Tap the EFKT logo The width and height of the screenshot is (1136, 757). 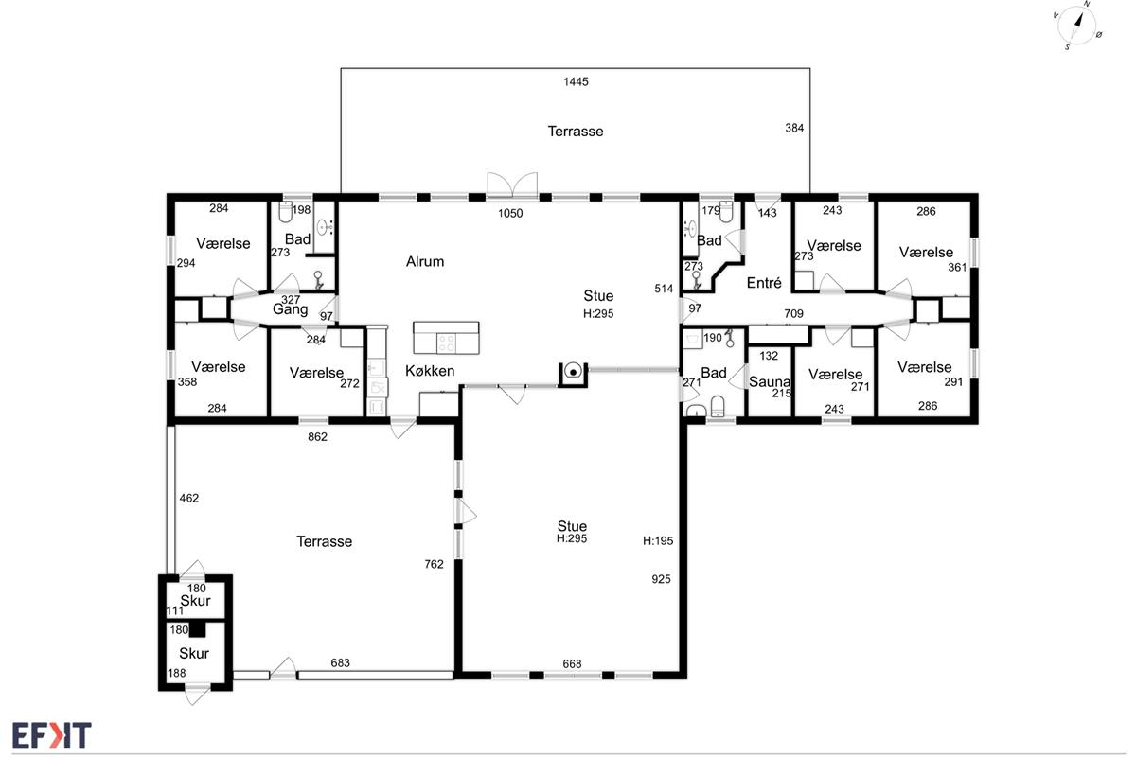point(51,735)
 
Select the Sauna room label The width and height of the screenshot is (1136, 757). point(770,381)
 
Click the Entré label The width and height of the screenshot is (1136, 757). point(764,282)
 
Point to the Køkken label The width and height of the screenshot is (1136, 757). point(430,371)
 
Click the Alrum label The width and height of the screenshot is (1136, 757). point(425,261)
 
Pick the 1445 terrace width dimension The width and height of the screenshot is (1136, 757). point(576,81)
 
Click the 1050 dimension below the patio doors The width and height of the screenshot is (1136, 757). point(510,213)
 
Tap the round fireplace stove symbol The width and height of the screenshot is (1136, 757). point(573,372)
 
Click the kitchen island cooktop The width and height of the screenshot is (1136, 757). point(446,343)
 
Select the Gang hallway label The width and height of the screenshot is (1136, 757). point(290,308)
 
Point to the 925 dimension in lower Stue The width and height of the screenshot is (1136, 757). point(661,578)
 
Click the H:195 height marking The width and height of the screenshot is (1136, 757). point(658,540)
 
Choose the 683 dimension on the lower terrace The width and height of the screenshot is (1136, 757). point(340,662)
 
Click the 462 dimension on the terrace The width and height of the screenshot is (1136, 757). point(188,498)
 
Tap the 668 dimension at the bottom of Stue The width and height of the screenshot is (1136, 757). point(572,663)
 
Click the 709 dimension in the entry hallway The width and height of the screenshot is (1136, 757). point(793,313)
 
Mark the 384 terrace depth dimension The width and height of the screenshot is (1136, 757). point(794,128)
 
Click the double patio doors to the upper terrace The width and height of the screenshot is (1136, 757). point(512,185)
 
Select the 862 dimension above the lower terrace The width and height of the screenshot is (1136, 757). point(317,436)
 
